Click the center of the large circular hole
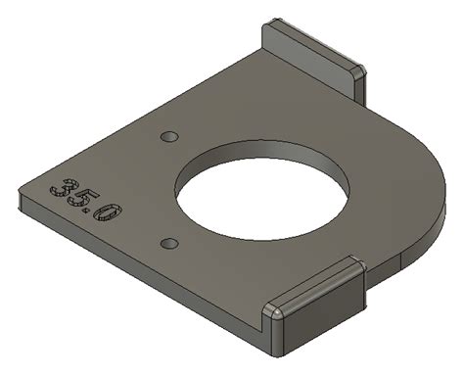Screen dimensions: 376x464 coord(262,192)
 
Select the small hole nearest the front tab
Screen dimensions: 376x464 coord(169,241)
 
